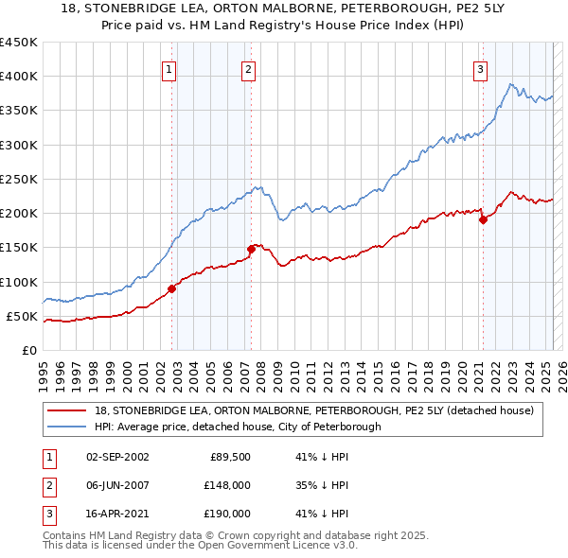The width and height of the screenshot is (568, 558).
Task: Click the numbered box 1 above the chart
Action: [x=168, y=68]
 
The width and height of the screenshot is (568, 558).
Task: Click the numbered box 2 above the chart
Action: [x=247, y=68]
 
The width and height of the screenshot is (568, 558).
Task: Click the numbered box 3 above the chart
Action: [x=480, y=68]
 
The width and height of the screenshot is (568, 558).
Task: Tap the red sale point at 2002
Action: [x=172, y=288]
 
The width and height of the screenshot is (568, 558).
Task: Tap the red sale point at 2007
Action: [x=252, y=249]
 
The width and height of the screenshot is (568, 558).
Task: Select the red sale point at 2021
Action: [x=484, y=219]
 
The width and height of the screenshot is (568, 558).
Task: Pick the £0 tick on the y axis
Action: [x=29, y=350]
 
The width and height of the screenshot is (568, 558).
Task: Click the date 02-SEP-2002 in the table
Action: [x=117, y=456]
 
